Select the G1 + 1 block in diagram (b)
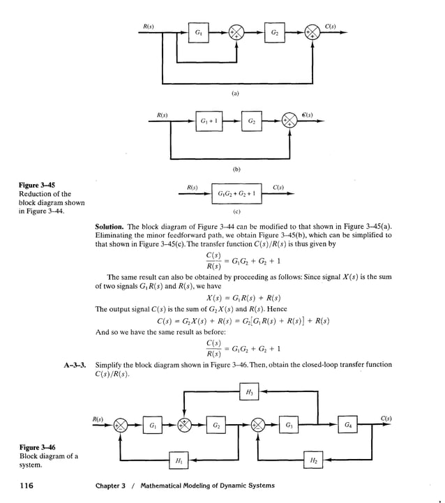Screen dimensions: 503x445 [x=209, y=120]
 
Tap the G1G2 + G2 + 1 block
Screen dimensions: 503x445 [x=236, y=193]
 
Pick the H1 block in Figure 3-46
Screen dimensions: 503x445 [x=179, y=460]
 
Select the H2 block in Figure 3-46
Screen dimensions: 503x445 [x=314, y=460]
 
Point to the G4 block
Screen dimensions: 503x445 [x=347, y=425]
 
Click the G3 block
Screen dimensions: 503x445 [x=289, y=425]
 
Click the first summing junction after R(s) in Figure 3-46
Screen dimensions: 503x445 [x=121, y=425]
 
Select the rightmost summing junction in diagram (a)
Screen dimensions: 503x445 [x=311, y=33]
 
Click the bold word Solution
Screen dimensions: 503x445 [x=110, y=227]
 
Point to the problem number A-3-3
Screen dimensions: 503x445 [x=74, y=364]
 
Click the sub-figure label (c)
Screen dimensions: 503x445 [x=236, y=211]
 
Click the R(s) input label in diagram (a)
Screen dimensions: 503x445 [x=149, y=26]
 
